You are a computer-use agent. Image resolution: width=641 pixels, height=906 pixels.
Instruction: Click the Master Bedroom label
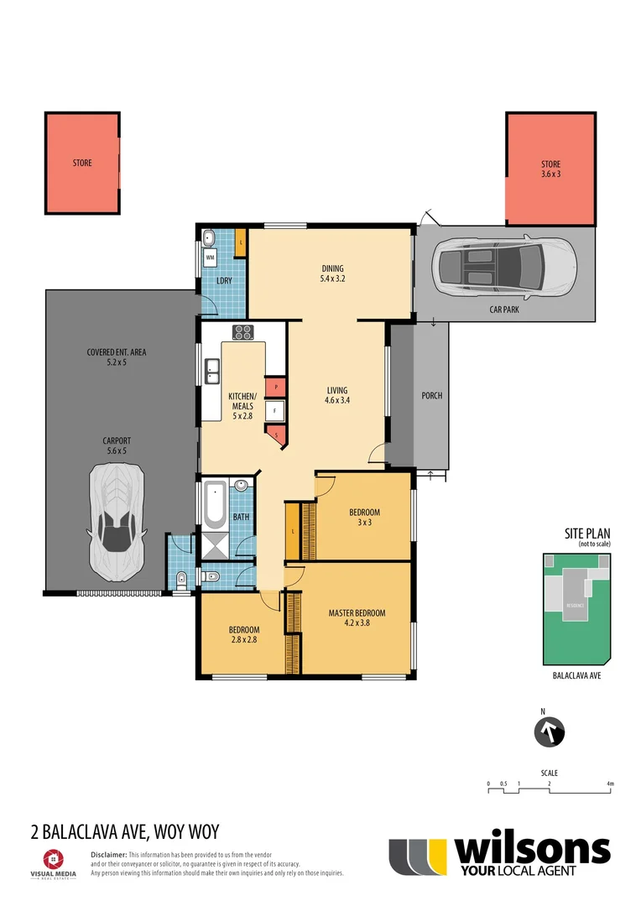coord(357,617)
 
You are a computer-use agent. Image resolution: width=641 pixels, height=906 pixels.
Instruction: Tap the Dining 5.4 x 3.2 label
coord(333,273)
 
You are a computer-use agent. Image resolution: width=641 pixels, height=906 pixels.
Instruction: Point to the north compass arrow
coord(550,732)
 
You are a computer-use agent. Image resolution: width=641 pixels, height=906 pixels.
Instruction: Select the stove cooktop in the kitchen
coord(242,332)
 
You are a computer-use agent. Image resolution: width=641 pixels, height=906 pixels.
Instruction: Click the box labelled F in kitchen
coord(274,411)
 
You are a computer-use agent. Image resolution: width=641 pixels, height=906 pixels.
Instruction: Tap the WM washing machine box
coord(210,257)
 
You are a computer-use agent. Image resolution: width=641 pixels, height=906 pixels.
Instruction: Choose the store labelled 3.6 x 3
coord(550,169)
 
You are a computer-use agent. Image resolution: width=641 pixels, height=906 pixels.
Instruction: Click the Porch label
coord(431,396)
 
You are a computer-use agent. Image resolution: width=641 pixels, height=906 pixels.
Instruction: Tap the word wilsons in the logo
coord(532,850)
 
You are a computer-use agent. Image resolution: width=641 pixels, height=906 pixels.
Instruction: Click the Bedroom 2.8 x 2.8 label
coord(244,634)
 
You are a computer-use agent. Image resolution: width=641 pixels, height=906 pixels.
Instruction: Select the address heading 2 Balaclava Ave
coord(124,832)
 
